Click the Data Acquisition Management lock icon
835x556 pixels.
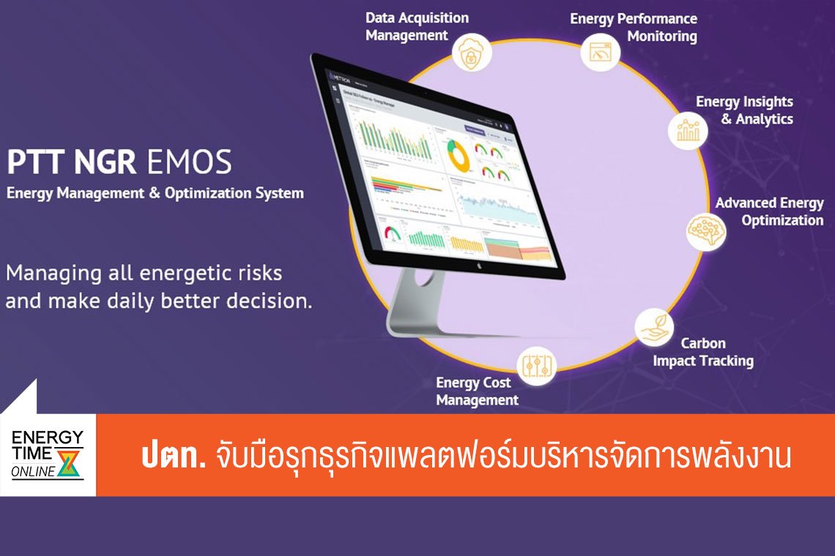pos(471,53)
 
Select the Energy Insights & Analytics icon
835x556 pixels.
pos(688,130)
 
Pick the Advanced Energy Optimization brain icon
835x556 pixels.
pos(705,230)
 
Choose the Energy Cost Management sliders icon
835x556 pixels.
pos(537,366)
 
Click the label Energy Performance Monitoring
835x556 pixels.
pos(634,27)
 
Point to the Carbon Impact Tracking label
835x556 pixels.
pos(703,352)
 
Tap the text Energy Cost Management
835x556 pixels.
pos(477,391)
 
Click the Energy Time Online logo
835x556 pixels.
pos(48,454)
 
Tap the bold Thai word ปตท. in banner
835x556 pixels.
pos(173,457)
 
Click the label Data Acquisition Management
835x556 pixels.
pos(417,26)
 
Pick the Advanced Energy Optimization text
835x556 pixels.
pos(769,211)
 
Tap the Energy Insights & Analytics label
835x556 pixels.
pos(745,110)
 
